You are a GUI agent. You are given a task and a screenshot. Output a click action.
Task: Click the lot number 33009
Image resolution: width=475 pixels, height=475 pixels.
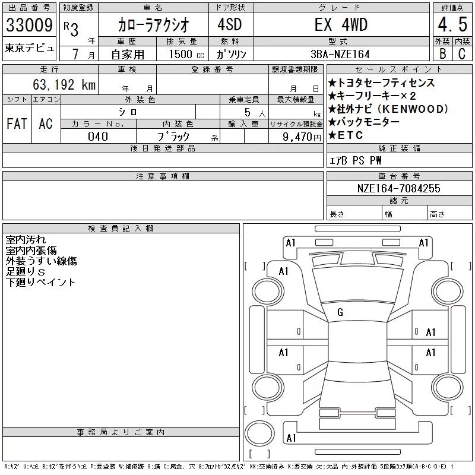click(x=29, y=25)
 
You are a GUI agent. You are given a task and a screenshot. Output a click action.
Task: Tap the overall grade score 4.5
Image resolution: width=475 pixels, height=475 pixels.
click(x=452, y=24)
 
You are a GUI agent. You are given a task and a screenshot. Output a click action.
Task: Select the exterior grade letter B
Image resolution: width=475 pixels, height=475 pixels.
click(x=442, y=53)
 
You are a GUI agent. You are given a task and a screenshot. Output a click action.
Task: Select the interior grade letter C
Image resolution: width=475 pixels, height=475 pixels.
click(x=462, y=53)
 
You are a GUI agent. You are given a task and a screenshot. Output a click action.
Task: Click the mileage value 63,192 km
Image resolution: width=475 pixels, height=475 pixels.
click(x=64, y=84)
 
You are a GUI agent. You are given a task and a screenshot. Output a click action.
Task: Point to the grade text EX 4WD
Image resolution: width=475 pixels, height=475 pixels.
click(x=341, y=24)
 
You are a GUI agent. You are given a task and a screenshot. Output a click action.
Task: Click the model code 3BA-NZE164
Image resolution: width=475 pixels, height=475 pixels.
click(x=340, y=54)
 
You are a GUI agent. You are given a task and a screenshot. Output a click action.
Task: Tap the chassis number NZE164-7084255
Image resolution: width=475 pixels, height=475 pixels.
click(x=398, y=188)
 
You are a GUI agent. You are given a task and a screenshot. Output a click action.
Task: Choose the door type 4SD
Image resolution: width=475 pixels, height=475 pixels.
click(x=230, y=24)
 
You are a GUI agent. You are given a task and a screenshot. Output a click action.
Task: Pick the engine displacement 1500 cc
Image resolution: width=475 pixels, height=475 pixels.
click(x=186, y=54)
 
